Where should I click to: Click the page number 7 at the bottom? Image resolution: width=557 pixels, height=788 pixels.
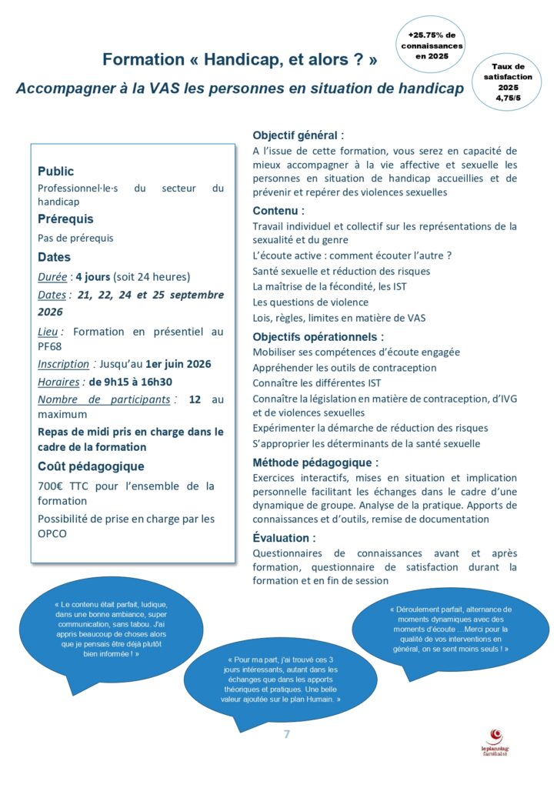tap(286, 734)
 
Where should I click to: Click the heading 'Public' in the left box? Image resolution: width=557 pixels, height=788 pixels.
tap(56, 171)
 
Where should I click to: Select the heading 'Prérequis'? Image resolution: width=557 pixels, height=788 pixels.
tap(65, 219)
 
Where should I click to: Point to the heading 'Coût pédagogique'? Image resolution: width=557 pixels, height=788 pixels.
tap(91, 466)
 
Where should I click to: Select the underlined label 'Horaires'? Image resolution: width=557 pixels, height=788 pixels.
tap(58, 381)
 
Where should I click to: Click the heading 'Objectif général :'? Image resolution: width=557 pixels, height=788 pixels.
tap(299, 134)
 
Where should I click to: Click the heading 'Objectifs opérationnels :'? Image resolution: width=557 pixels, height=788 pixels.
tap(318, 336)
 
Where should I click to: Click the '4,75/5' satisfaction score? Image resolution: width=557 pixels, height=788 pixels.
tap(508, 97)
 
